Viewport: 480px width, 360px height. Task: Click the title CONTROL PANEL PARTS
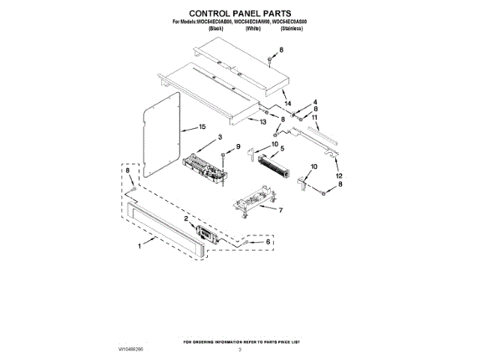coord(239,13)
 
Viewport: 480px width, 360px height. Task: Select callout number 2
coord(184,218)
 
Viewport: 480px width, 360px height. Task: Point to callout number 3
coord(220,136)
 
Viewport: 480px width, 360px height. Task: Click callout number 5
coord(282,149)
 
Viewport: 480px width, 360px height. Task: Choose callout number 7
coord(280,210)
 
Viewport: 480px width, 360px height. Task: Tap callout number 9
coord(238,146)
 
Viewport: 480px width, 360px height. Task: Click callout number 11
coord(315,118)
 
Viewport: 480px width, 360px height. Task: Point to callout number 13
coord(262,122)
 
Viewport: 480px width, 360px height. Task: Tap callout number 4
coord(315,101)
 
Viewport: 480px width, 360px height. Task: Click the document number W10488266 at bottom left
coord(132,349)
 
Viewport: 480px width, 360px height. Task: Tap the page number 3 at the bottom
coord(240,349)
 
